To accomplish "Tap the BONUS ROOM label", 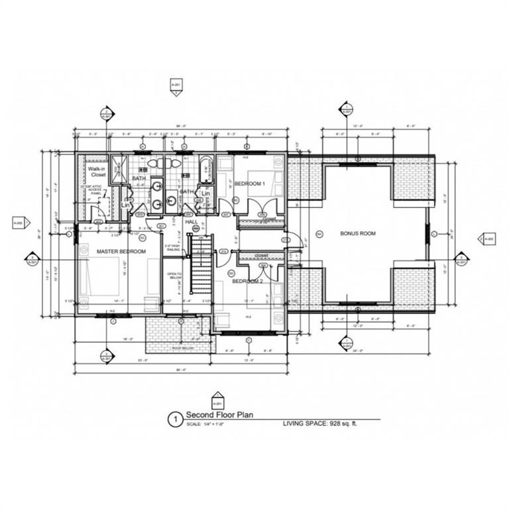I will click(358, 234).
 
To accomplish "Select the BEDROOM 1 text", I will click(249, 183).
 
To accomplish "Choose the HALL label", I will click(192, 222).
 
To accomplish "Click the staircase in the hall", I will click(201, 265).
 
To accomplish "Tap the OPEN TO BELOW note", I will click(174, 277).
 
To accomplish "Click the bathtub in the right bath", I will click(205, 169).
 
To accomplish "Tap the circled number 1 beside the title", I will click(175, 420).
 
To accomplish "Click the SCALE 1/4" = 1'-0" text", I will click(209, 424).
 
